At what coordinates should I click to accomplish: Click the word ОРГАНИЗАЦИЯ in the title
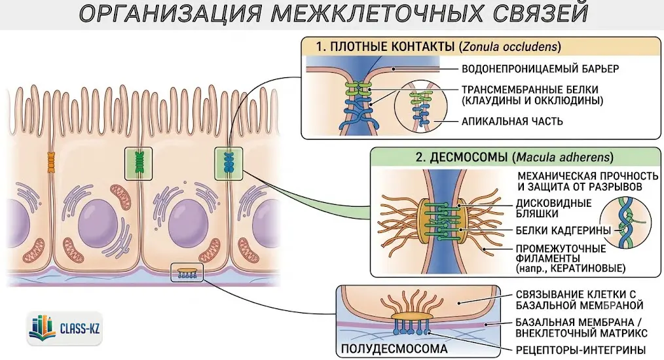pyautogui.click(x=172, y=14)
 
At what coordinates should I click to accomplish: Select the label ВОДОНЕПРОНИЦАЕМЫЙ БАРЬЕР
pyautogui.click(x=540, y=69)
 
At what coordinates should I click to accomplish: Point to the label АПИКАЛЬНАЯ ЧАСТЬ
pyautogui.click(x=512, y=122)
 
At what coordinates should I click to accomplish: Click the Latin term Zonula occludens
pyautogui.click(x=509, y=46)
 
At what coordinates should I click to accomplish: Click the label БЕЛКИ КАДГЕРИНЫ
pyautogui.click(x=563, y=230)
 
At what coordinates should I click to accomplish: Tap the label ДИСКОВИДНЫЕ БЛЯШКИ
pyautogui.click(x=553, y=208)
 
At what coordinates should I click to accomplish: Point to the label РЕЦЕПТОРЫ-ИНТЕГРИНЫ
pyautogui.click(x=581, y=350)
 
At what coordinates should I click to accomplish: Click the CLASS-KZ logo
pyautogui.click(x=65, y=328)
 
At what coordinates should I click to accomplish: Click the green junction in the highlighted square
pyautogui.click(x=138, y=163)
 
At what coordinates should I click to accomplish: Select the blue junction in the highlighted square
pyautogui.click(x=229, y=163)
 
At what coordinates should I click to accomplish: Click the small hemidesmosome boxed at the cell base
pyautogui.click(x=187, y=272)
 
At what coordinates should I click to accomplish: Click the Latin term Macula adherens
pyautogui.click(x=563, y=158)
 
